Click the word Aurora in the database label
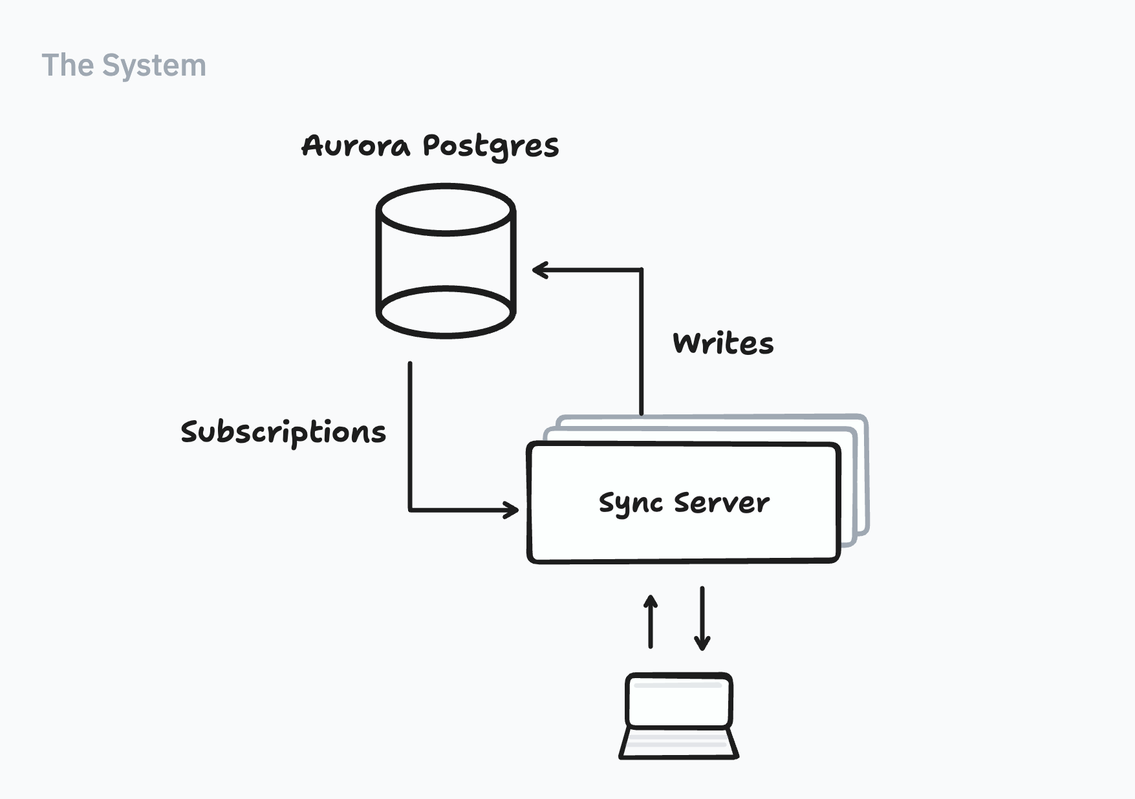pyautogui.click(x=356, y=146)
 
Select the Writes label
pyautogui.click(x=723, y=343)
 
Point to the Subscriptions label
pyautogui.click(x=283, y=432)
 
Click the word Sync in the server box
pyautogui.click(x=631, y=504)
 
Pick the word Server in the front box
pyautogui.click(x=722, y=503)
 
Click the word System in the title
pyautogui.click(x=154, y=66)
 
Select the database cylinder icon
pyautogui.click(x=446, y=261)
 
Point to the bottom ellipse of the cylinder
pyautogui.click(x=446, y=312)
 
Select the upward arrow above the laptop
pyautogui.click(x=651, y=621)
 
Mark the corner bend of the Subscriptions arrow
pyautogui.click(x=410, y=510)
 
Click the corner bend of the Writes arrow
pyautogui.click(x=642, y=270)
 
